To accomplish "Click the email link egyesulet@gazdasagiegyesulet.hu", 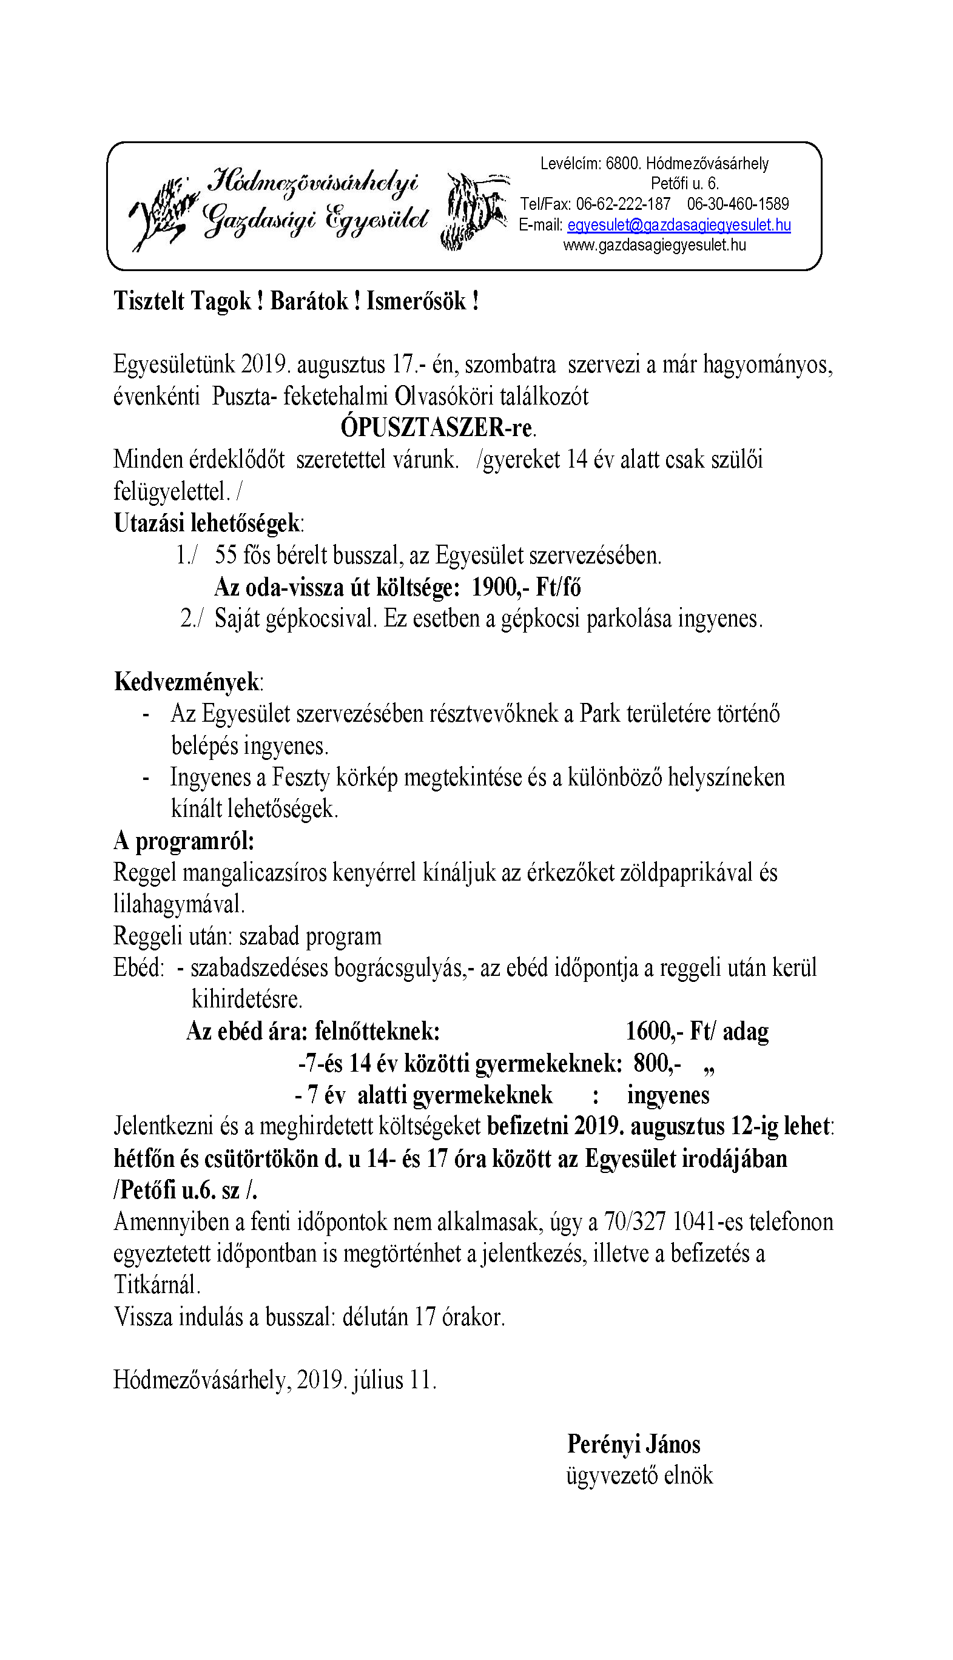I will tap(679, 225).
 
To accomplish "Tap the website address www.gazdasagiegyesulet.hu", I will tap(654, 246).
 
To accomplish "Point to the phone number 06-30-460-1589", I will tap(738, 204).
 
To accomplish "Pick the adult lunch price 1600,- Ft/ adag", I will tap(696, 1031).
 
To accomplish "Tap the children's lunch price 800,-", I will tap(656, 1063).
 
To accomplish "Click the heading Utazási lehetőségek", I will tap(207, 523).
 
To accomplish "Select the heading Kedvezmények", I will tap(188, 682).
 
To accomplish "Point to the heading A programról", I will tap(184, 841).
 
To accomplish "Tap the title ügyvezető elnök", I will tap(639, 1476).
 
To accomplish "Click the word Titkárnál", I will tap(157, 1286).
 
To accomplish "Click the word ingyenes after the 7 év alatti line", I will tap(668, 1095).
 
